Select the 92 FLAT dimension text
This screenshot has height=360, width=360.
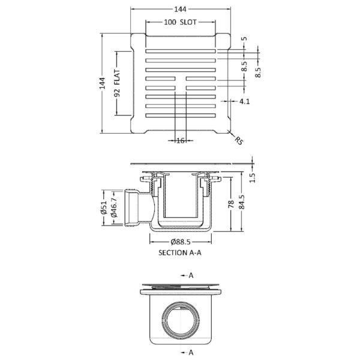click(118, 84)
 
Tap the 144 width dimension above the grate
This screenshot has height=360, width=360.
click(179, 8)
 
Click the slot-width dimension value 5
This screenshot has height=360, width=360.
click(245, 39)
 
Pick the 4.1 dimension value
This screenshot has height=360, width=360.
click(244, 102)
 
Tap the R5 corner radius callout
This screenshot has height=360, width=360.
click(239, 141)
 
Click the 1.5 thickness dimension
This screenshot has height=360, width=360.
click(253, 177)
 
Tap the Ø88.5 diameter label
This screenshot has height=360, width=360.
click(180, 242)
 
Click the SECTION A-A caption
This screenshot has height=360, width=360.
click(180, 253)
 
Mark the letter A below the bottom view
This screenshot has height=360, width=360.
click(190, 352)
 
